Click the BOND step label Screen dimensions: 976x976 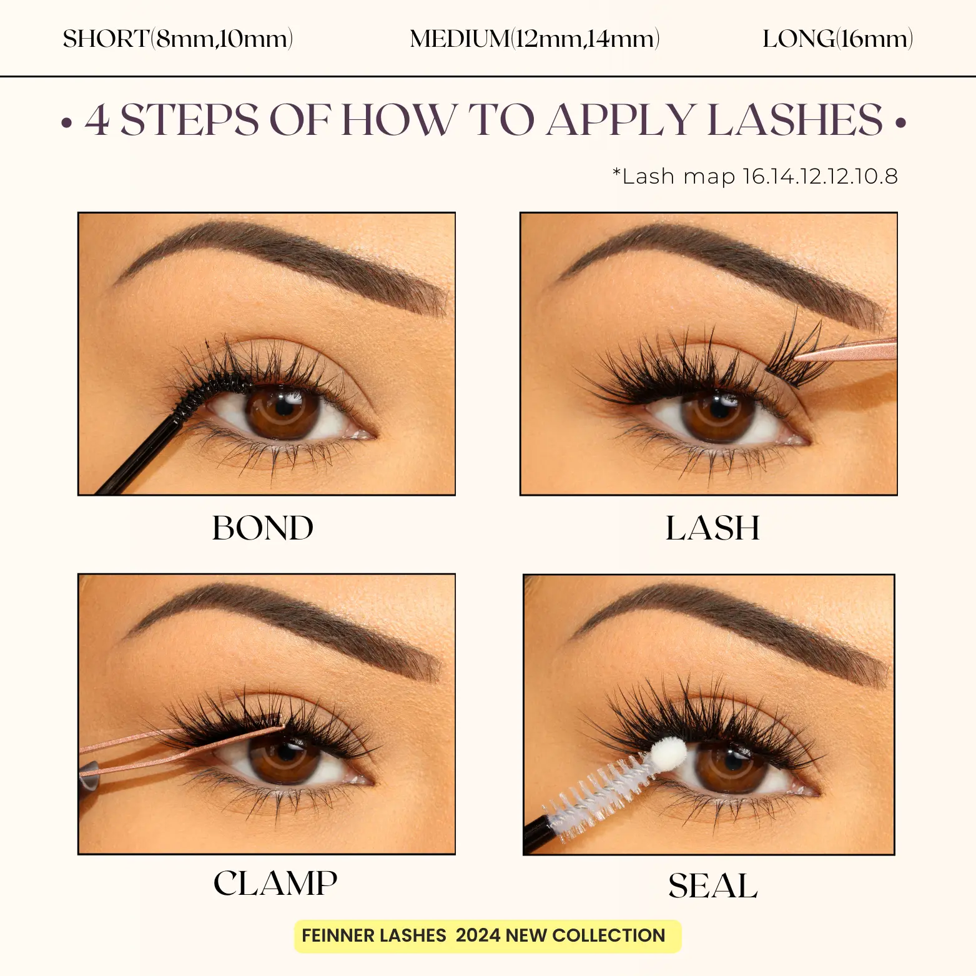263,528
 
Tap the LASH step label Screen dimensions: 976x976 712,528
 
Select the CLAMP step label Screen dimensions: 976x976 275,883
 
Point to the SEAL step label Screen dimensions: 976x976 712,885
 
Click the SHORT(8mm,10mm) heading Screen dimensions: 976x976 178,39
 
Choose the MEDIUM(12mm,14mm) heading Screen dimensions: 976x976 535,39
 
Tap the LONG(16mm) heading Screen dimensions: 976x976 837,39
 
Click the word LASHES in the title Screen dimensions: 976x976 796,119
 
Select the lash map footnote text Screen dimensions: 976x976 755,176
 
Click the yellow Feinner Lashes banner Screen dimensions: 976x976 487,936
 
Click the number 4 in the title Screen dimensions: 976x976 97,119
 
